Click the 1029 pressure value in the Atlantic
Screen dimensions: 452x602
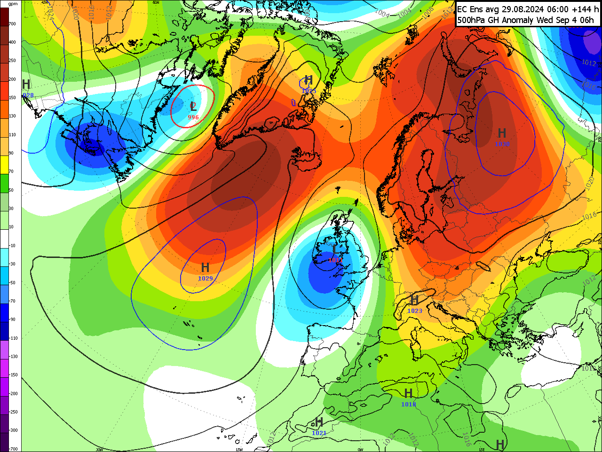point(205,279)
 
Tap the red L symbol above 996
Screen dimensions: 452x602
point(193,107)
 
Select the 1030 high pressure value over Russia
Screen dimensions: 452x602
point(502,144)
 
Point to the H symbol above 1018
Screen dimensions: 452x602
point(408,393)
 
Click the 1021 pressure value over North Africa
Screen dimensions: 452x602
point(319,433)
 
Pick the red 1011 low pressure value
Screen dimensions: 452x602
point(335,260)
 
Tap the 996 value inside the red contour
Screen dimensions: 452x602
point(193,117)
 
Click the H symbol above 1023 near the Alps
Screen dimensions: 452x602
point(414,300)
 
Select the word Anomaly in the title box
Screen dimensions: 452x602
point(518,20)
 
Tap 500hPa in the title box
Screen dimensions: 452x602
point(473,20)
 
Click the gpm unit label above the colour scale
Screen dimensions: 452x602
point(13,4)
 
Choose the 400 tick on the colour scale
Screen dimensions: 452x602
point(12,42)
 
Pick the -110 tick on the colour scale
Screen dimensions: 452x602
point(13,338)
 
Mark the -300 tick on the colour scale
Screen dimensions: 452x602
point(13,430)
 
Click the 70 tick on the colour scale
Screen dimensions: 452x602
point(11,171)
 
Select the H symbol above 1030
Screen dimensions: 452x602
point(502,133)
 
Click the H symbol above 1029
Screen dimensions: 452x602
point(205,268)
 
